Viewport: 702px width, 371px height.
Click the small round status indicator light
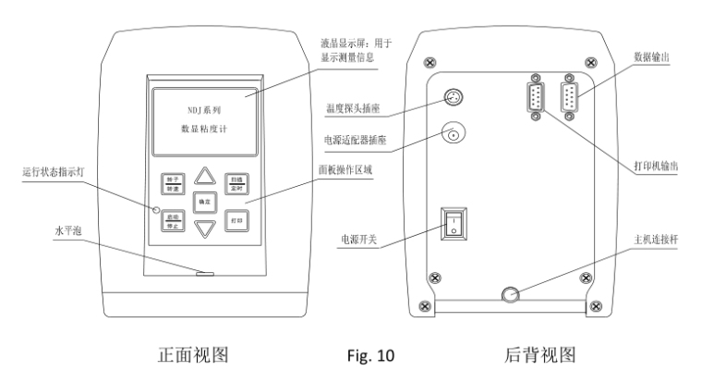158,211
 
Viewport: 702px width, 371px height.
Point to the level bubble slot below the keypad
205,273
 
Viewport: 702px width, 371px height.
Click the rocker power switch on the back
454,224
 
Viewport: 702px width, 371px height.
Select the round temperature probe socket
454,97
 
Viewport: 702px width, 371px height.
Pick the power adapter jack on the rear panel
454,136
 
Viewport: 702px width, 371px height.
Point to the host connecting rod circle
508,295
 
